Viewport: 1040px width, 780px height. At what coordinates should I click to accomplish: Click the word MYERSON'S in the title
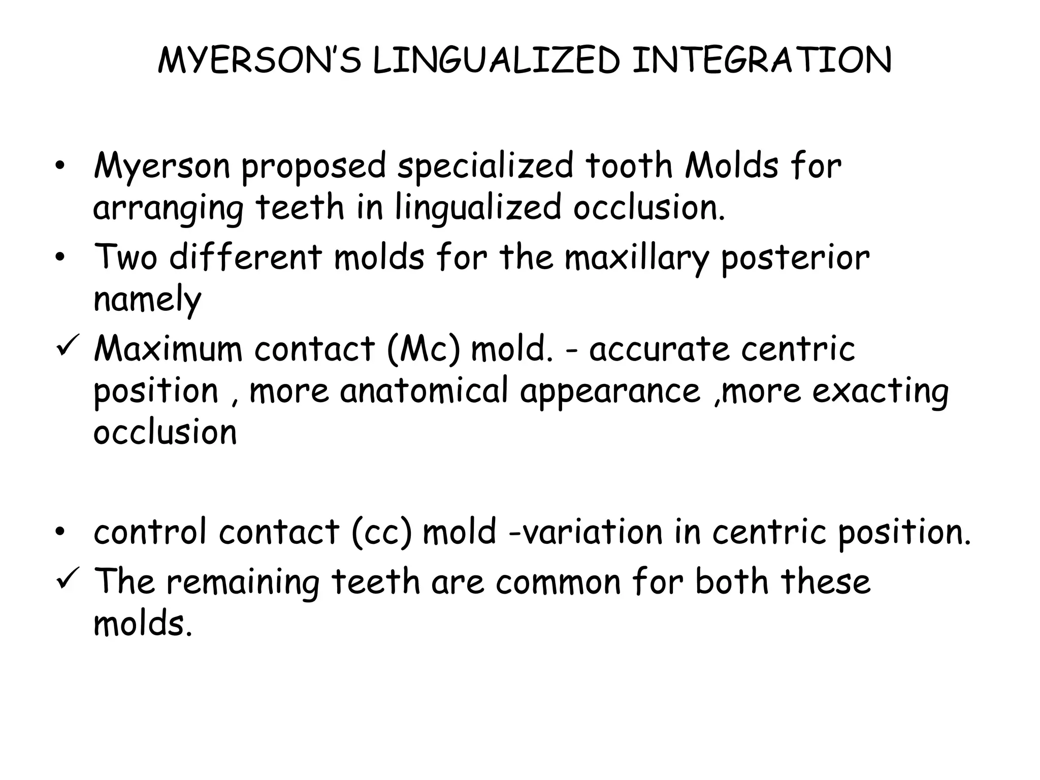point(259,60)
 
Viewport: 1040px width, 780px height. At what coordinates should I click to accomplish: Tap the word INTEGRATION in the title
point(762,60)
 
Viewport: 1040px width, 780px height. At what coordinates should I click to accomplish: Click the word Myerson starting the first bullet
point(161,167)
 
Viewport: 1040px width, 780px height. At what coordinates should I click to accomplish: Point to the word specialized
point(484,167)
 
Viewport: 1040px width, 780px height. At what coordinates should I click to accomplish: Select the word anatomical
point(425,391)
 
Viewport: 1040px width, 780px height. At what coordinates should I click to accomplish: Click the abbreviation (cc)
point(381,533)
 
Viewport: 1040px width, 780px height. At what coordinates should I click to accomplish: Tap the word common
point(559,582)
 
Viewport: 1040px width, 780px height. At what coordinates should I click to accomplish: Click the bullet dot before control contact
point(60,533)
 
